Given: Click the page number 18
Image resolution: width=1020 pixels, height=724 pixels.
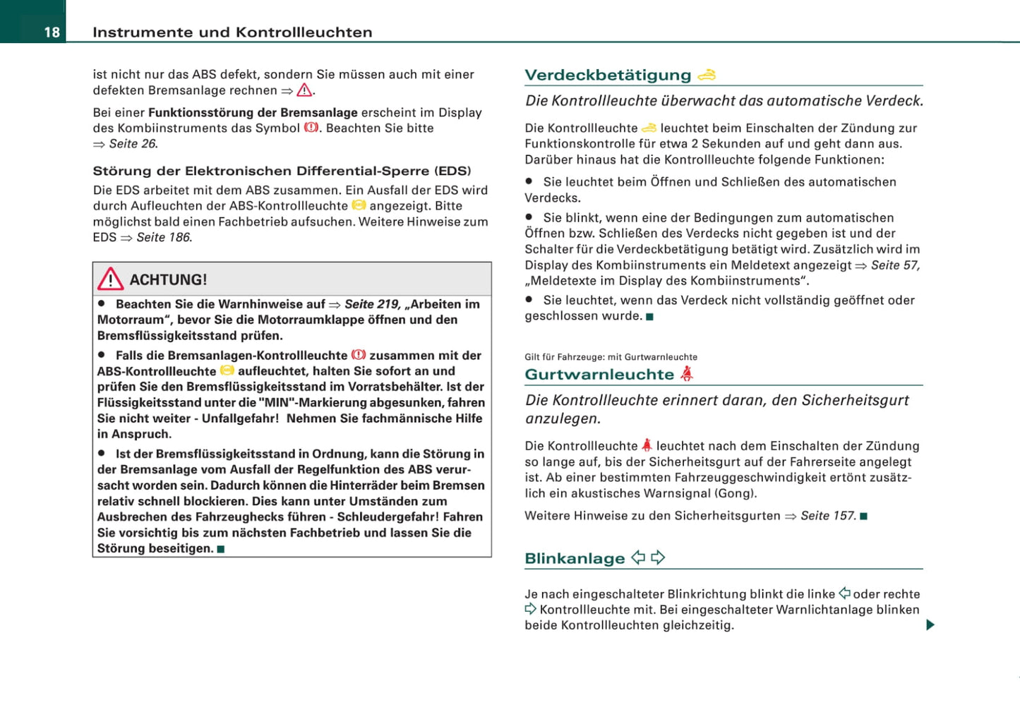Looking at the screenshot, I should (52, 32).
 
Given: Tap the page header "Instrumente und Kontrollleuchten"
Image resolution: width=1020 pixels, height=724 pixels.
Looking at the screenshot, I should (232, 32).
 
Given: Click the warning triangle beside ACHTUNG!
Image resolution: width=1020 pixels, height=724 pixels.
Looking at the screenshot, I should (110, 279).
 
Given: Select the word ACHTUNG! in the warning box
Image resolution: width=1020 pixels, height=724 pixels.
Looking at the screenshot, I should (168, 280).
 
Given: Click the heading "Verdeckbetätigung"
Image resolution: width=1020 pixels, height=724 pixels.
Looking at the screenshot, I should (608, 76).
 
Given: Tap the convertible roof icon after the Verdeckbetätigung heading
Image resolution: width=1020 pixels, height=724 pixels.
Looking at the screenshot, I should (707, 75).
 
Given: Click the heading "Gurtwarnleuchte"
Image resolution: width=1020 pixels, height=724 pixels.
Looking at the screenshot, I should (599, 375).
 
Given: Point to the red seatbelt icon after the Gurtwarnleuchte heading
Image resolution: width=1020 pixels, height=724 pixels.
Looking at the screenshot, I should (687, 374).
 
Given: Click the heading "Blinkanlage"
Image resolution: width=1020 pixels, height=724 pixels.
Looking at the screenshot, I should (575, 559).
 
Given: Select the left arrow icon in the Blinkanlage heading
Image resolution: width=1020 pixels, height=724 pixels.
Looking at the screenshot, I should (638, 558).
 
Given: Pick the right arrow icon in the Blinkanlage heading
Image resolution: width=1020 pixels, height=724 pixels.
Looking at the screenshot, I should (658, 558).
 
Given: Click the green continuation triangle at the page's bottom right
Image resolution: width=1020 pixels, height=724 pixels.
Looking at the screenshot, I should (930, 625).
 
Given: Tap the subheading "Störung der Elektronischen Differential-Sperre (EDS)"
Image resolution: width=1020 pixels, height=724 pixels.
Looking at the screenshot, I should (282, 171).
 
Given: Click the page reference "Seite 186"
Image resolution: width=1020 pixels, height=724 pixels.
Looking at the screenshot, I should (163, 238).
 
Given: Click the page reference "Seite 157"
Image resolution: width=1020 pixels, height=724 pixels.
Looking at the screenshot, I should (828, 516).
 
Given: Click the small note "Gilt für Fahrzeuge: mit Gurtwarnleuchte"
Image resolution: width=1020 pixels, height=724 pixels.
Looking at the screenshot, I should (611, 357).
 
